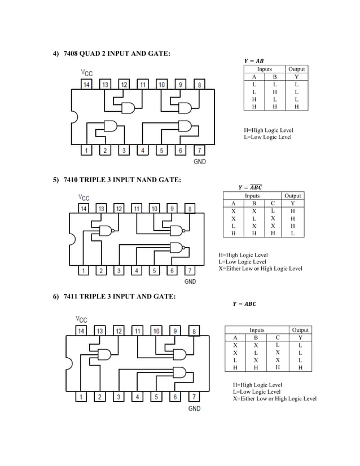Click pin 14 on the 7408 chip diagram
87,85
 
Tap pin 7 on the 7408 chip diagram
199,151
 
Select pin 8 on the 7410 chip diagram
191,209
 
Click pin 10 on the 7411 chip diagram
156,331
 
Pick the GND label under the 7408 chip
200,162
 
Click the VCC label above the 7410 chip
84,197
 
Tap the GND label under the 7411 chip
194,408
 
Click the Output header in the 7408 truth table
296,69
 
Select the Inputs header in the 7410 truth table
252,196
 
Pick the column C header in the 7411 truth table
277,338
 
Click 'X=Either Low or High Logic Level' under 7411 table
274,398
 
